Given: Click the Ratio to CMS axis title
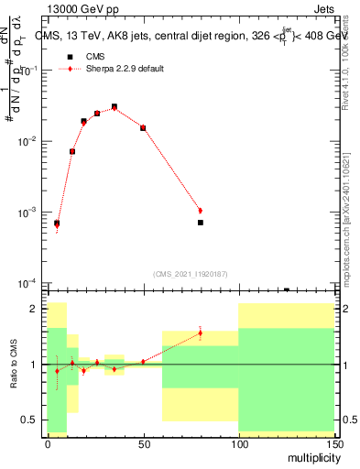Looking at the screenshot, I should click(14, 365).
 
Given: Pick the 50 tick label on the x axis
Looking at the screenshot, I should click(143, 443).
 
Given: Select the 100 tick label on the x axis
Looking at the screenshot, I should click(238, 443).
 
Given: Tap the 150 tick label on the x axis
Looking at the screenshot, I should click(333, 443).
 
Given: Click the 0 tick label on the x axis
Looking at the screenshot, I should click(48, 443).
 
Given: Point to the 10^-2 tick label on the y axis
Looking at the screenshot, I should click(30, 142).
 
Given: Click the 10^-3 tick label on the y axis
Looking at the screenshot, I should click(30, 213).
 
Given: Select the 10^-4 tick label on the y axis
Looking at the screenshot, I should click(30, 283).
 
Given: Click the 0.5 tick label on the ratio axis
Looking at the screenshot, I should click(31, 420).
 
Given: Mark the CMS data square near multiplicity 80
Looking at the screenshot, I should click(200, 223).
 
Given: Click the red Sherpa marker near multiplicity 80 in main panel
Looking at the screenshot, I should click(200, 211).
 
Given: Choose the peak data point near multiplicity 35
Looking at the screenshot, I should click(115, 107).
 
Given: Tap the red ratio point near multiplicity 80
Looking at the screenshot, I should click(200, 333).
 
